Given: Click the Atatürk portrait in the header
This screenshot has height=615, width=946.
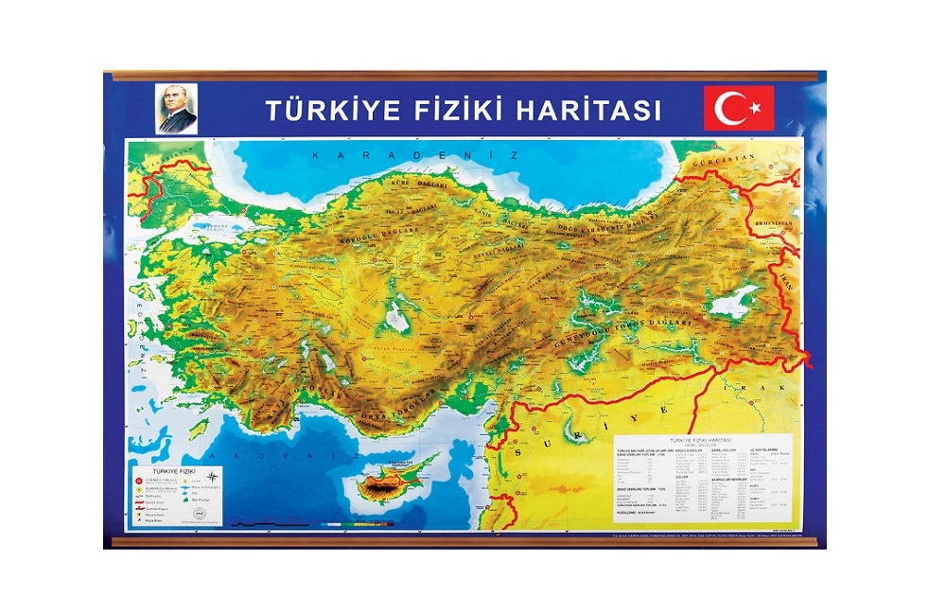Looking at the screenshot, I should pos(176,109).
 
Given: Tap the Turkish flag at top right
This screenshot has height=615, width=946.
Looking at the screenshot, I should pos(738,108).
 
